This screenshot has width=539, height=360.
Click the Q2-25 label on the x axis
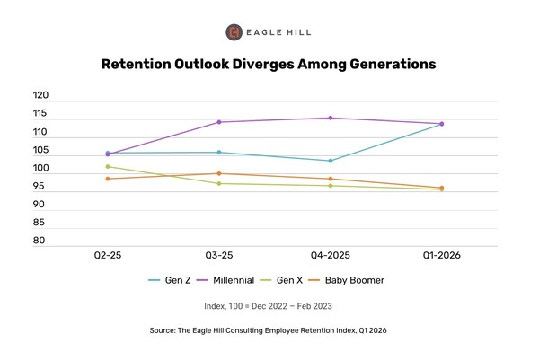tap(108, 256)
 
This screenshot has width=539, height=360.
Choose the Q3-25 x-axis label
tap(218, 256)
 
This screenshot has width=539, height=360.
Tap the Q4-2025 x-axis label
tap(330, 256)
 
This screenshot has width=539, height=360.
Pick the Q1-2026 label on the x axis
tap(441, 256)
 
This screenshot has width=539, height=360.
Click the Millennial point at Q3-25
tap(219, 122)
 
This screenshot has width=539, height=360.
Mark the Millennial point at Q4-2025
tap(331, 118)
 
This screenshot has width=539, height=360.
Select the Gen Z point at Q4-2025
tap(331, 161)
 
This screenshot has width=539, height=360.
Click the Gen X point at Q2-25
tap(108, 166)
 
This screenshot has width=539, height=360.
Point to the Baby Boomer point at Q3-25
tap(219, 173)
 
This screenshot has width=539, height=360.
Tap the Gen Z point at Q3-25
tap(219, 153)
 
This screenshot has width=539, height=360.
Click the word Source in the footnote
tap(166, 331)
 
